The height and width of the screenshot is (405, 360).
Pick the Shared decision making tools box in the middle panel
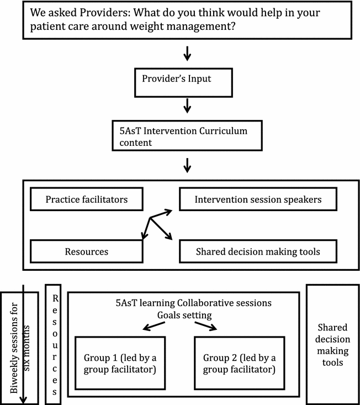[258, 251]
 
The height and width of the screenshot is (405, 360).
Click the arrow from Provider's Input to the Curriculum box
[187, 106]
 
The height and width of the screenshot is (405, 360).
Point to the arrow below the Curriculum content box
[187, 164]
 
